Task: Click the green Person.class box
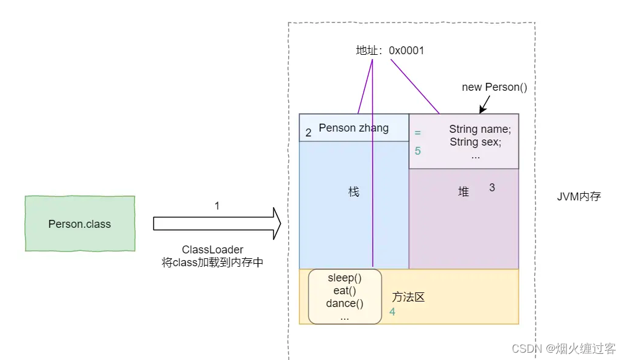[x=79, y=224]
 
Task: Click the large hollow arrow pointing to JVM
[x=216, y=224]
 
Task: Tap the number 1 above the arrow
[x=217, y=206]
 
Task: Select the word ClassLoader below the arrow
[x=213, y=250]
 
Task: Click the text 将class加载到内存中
[x=213, y=263]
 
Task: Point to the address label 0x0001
[x=406, y=51]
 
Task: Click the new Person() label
[x=494, y=87]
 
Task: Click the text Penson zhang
[x=353, y=128]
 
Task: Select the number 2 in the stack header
[x=308, y=133]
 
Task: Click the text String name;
[x=480, y=129]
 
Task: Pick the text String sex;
[x=475, y=142]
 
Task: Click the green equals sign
[x=417, y=132]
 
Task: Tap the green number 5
[x=418, y=150]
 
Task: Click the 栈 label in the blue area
[x=354, y=192]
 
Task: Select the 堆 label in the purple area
[x=464, y=192]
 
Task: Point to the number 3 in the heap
[x=492, y=188]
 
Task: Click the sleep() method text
[x=344, y=278]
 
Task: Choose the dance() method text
[x=344, y=303]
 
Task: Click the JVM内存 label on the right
[x=579, y=197]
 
